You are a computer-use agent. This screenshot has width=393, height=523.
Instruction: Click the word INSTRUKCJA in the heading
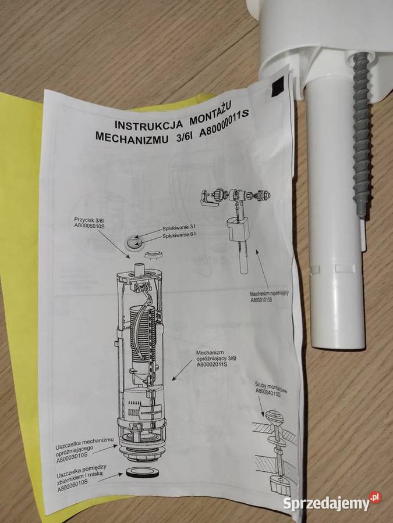tap(148, 124)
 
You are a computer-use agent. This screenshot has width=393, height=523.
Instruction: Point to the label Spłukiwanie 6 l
tap(179, 235)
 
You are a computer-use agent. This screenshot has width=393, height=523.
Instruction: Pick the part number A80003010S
tap(75, 459)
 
